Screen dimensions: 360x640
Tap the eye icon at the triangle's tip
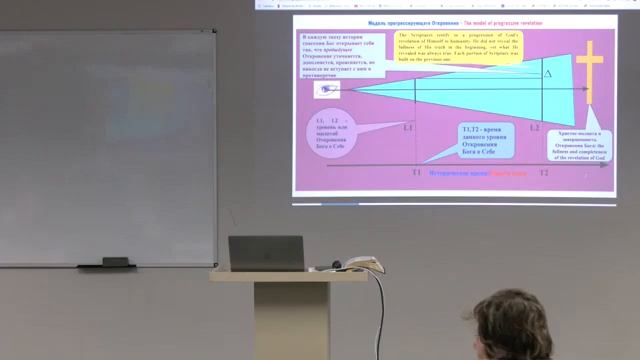[327, 90]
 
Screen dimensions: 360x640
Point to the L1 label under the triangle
[408, 129]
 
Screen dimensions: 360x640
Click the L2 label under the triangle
[535, 129]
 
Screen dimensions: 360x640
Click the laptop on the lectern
[266, 253]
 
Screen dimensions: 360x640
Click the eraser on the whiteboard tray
[117, 262]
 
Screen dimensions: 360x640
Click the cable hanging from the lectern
[380, 320]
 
